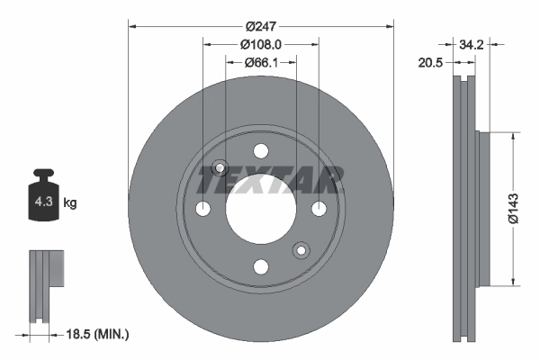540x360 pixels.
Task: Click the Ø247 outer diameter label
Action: tap(261, 26)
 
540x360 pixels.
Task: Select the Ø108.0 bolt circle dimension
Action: tap(261, 44)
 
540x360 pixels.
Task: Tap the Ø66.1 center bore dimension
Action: tap(261, 62)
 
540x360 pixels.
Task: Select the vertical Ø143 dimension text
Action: tap(512, 207)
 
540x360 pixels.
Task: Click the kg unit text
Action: tap(70, 203)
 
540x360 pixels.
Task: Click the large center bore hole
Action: tap(261, 208)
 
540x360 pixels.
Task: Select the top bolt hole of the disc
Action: tap(261, 150)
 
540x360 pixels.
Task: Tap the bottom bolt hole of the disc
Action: tap(261, 265)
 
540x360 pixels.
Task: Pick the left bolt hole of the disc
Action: tap(203, 208)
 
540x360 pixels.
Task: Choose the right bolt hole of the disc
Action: tap(319, 208)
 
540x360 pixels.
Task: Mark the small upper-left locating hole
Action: tap(219, 168)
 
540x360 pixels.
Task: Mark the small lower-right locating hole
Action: tap(302, 249)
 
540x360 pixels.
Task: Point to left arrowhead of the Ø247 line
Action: tap(131, 26)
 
